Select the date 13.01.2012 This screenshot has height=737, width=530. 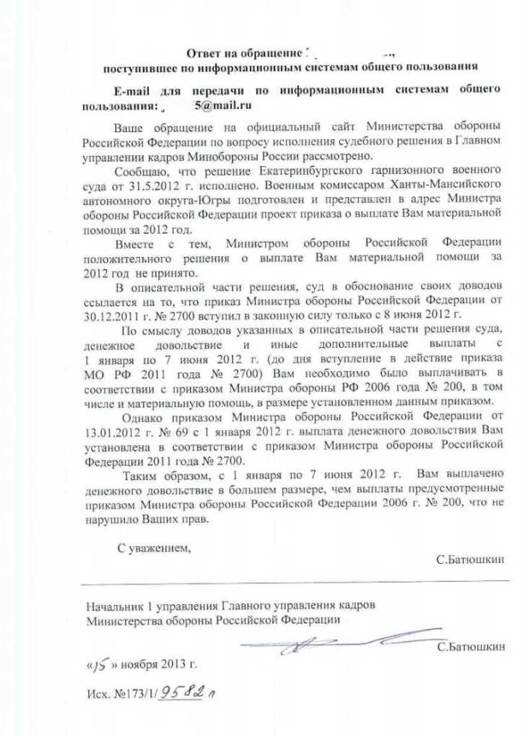point(110,431)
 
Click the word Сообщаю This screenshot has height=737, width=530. point(140,170)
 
